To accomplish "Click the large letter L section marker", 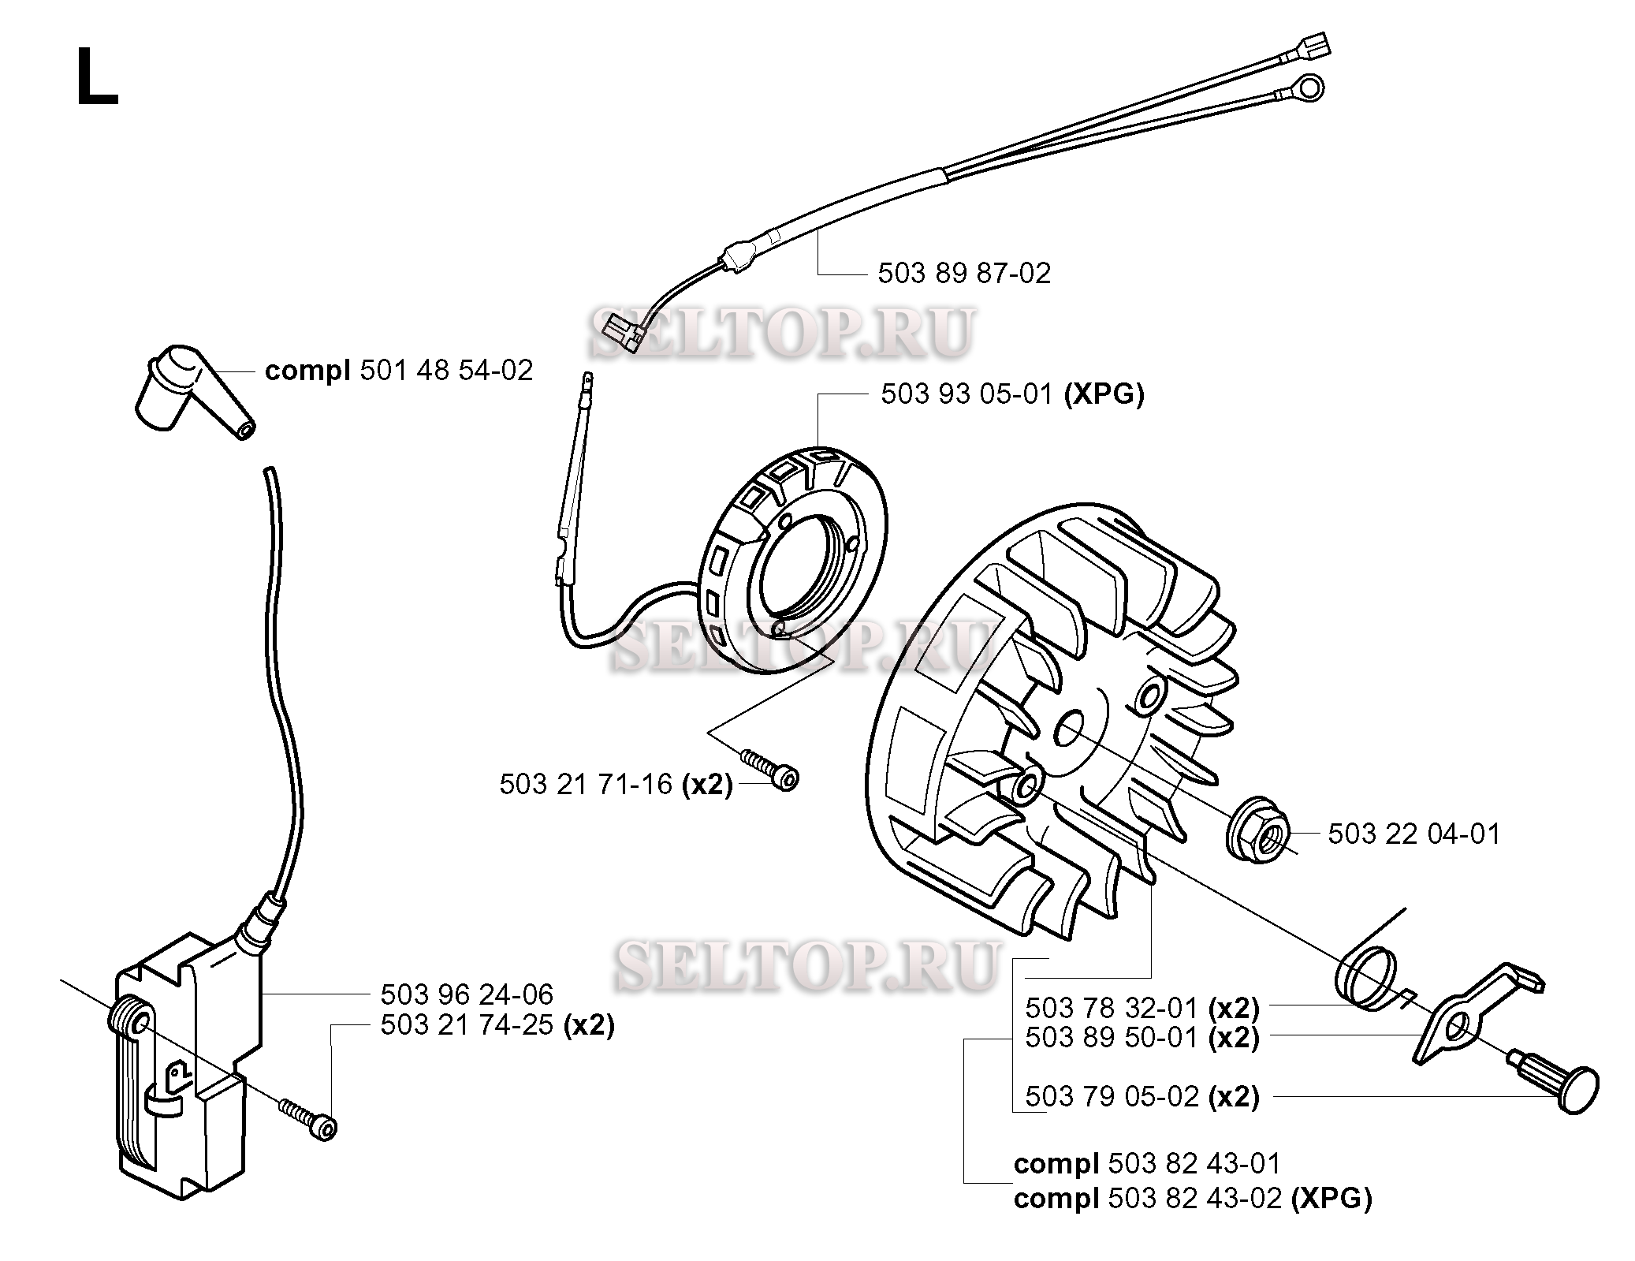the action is click(x=96, y=76).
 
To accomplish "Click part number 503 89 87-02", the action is click(x=964, y=274).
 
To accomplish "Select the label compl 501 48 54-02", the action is click(x=399, y=370).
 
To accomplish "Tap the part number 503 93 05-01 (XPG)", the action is click(x=1012, y=394).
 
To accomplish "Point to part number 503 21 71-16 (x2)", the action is click(x=616, y=785).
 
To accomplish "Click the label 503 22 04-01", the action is click(x=1414, y=834).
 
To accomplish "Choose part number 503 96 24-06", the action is click(x=467, y=994).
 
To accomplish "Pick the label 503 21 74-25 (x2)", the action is click(x=497, y=1025).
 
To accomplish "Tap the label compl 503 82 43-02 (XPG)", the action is click(x=1193, y=1199).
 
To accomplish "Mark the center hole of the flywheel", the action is click(x=1069, y=728).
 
